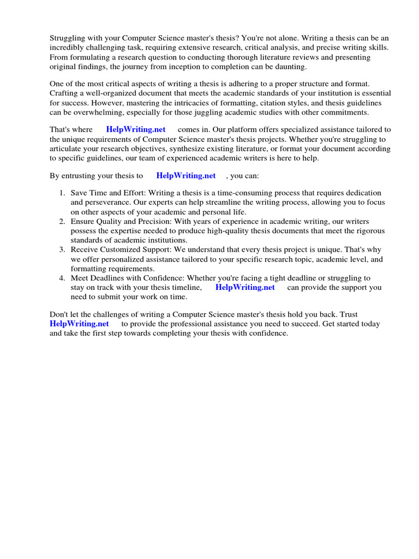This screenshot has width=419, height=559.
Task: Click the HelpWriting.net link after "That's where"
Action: coord(136,129)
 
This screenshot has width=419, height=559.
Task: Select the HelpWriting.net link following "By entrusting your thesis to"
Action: coord(186,176)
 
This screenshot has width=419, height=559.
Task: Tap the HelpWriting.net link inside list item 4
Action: coord(245,287)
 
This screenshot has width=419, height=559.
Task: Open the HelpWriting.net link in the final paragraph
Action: coord(79,324)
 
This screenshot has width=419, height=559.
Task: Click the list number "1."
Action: coord(62,193)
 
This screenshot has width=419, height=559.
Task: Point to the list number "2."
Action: coord(62,221)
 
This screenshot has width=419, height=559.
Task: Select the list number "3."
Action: coord(62,249)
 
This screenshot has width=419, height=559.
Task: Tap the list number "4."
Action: coord(62,278)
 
